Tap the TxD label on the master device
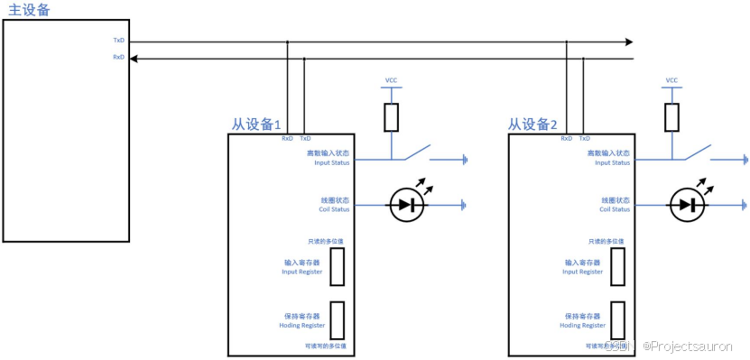point(118,41)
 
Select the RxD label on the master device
point(118,57)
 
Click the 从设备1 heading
point(257,125)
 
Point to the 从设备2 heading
point(532,125)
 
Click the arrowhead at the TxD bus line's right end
point(627,42)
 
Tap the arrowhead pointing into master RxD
point(134,58)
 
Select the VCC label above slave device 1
point(391,80)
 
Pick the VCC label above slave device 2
point(671,80)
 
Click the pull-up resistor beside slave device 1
point(391,116)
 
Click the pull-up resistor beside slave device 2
point(671,116)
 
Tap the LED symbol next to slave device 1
point(406,205)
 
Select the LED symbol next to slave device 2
point(687,205)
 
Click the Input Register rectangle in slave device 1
point(337,266)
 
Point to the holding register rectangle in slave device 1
point(337,318)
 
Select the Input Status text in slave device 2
point(612,162)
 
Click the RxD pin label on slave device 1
point(287,139)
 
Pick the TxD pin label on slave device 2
point(585,139)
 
